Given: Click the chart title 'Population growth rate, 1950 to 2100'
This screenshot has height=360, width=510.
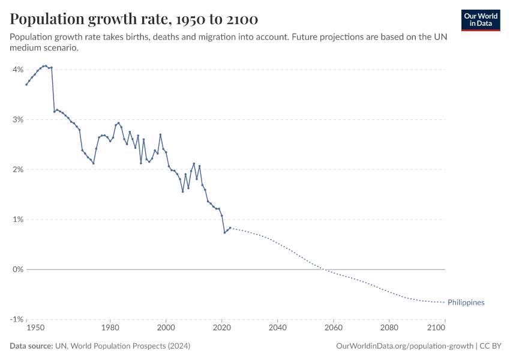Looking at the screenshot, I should coord(134,19).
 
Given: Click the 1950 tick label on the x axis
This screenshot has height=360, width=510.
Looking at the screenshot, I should coord(35,328).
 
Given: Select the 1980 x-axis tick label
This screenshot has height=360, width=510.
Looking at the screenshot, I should coord(110,328).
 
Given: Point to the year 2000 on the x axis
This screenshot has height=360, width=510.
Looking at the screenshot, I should coord(166,328).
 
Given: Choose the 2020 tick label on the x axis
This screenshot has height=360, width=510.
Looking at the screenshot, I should coord(222,328).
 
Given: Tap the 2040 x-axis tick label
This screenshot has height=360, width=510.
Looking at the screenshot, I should coord(278,328).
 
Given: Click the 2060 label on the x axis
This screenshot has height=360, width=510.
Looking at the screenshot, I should coord(334,328).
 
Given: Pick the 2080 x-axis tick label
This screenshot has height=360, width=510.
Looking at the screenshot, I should coord(389,328).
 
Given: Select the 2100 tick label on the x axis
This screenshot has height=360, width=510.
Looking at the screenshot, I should coord(436,328).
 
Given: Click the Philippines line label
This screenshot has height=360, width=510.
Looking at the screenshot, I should coord(466,302).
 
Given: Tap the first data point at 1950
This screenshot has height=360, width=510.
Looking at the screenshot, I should coord(26,85).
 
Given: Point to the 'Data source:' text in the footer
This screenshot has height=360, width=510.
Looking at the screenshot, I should coord(31,346).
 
